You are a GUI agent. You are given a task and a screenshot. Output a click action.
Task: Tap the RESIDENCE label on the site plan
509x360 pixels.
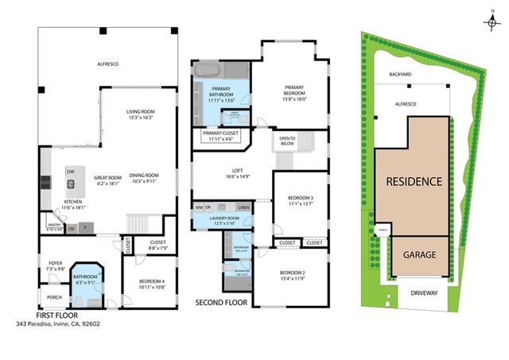coord(414,181)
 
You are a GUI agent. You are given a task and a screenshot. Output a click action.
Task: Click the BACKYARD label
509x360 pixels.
coord(400,74)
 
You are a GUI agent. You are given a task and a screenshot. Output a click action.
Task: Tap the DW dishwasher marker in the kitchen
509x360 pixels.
coord(71,171)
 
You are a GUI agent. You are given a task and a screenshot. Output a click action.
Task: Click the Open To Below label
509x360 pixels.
coord(287,141)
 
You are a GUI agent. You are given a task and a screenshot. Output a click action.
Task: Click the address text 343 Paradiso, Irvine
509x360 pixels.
coord(57,323)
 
